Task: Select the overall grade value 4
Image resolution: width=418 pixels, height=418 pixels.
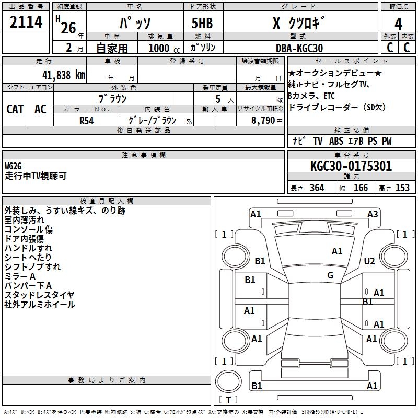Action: [399, 24]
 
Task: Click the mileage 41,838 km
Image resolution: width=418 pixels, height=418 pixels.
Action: [62, 75]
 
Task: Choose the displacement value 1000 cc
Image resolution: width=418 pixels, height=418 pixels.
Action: [163, 48]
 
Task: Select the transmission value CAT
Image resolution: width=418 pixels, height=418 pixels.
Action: [15, 109]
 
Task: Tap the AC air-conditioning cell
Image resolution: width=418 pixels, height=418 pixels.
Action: [40, 109]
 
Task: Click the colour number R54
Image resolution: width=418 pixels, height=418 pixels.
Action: [86, 121]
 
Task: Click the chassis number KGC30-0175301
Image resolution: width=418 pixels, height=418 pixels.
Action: [351, 167]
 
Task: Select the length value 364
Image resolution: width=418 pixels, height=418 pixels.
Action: [317, 188]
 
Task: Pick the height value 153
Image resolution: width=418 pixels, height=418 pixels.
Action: [402, 188]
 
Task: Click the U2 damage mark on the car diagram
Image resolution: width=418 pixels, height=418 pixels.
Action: [369, 261]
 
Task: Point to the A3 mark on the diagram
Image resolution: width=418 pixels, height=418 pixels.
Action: [373, 214]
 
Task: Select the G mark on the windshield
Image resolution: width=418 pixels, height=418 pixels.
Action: [330, 275]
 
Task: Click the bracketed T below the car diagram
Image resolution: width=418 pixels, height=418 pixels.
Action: [228, 400]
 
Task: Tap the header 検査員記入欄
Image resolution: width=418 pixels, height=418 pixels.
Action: [107, 201]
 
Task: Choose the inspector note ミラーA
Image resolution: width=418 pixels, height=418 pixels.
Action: [20, 276]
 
